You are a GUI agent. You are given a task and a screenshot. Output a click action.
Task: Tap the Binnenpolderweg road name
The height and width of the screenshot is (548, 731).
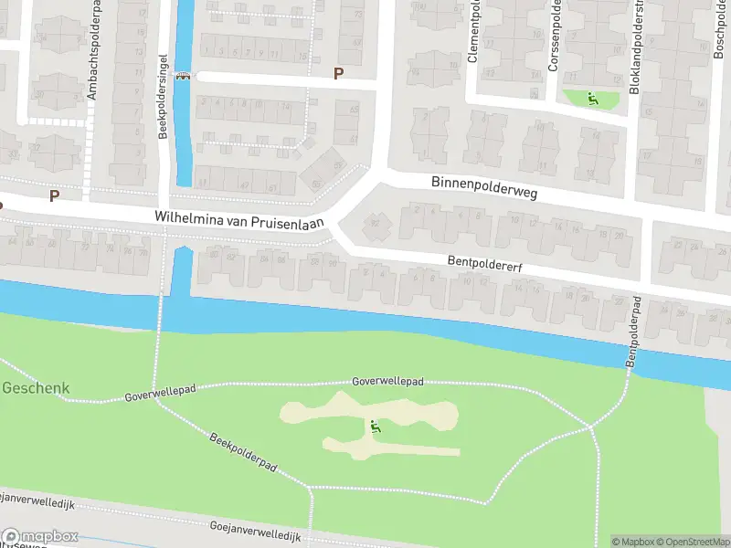tap(484, 188)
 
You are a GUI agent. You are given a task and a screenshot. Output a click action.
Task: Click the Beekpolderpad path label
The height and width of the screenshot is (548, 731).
tap(242, 451)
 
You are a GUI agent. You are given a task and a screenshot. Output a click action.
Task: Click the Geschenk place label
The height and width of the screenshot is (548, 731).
tap(35, 387)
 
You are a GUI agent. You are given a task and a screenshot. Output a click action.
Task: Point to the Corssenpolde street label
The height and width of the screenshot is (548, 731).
tap(553, 36)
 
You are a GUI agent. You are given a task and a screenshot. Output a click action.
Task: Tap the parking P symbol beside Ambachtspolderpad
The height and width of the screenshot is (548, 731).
tap(54, 195)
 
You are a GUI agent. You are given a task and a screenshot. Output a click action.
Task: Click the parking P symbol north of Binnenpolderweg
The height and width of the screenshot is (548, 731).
tap(338, 73)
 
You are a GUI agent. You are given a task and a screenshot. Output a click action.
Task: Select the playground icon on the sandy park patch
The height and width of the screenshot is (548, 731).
tap(375, 425)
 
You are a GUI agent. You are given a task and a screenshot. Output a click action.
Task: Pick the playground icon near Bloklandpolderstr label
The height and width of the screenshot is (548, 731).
tap(592, 98)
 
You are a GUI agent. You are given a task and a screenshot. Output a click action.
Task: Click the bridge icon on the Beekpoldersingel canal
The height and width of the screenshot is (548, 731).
tap(185, 77)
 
